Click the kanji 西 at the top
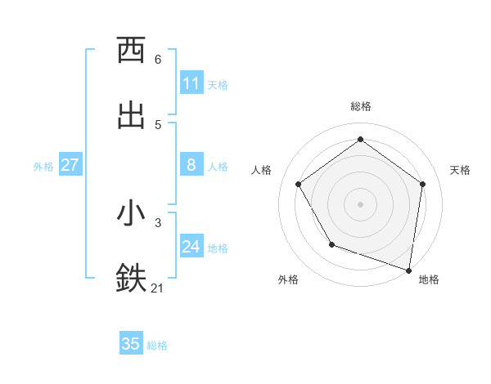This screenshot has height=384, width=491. (132, 50)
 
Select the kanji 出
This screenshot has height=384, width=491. (132, 114)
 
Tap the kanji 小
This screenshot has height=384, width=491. (132, 213)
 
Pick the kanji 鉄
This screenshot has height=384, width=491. (132, 278)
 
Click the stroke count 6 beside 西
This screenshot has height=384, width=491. (158, 60)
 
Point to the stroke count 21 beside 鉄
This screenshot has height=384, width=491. (158, 288)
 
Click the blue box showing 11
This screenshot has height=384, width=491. (191, 83)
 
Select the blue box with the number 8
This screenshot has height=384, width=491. (191, 165)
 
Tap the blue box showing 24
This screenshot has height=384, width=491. (191, 247)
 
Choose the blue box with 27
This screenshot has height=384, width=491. (70, 165)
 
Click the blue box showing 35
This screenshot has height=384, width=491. (131, 344)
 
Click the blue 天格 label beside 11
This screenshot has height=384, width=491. (218, 84)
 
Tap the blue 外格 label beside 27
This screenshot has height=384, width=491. (43, 166)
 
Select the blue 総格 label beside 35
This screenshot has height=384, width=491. (157, 345)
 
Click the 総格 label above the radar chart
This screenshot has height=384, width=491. (361, 106)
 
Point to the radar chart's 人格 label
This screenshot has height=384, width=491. (262, 170)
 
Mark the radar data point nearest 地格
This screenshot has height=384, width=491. (409, 270)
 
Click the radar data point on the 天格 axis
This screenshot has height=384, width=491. (422, 184)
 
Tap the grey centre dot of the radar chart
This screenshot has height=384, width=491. (360, 203)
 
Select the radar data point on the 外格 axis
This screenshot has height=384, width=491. (331, 243)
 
